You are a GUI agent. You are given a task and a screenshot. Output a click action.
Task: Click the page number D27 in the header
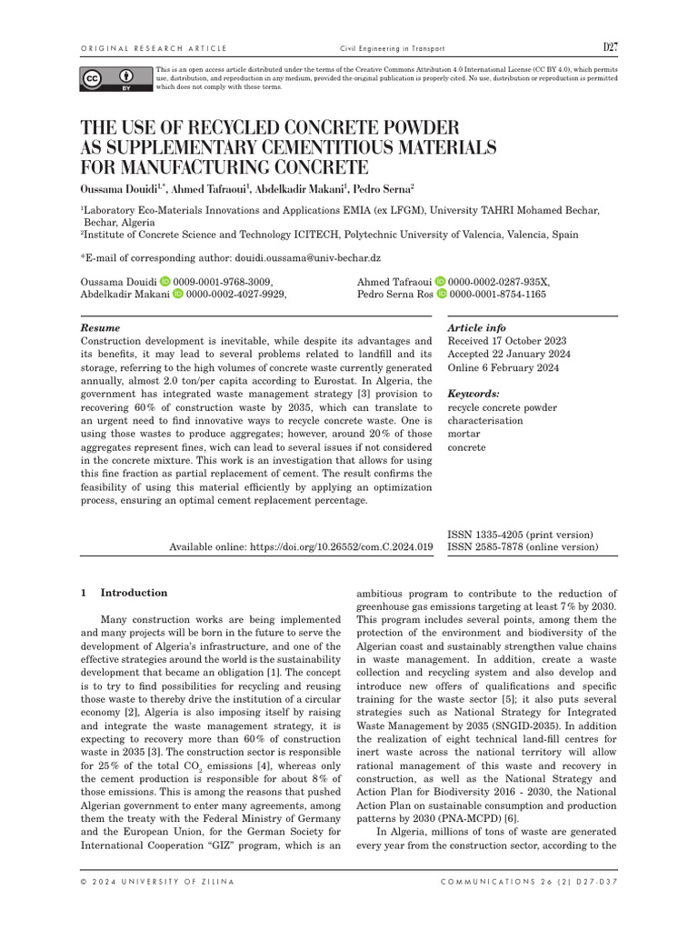[x=610, y=47]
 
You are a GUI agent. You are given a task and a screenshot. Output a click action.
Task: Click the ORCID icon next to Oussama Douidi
[x=165, y=282]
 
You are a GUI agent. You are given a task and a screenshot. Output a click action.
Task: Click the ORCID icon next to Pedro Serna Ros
[x=442, y=295]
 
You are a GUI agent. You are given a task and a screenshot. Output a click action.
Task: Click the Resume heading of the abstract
[x=100, y=327]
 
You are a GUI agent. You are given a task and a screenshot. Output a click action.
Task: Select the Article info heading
[x=477, y=327]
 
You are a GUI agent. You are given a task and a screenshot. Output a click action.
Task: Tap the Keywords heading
[x=474, y=394]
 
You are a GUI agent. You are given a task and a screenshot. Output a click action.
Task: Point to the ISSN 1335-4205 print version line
[x=520, y=535]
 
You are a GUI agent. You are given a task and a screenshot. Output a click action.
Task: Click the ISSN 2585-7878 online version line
[x=523, y=547]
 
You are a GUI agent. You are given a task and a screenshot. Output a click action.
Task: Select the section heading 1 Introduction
[x=125, y=593]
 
